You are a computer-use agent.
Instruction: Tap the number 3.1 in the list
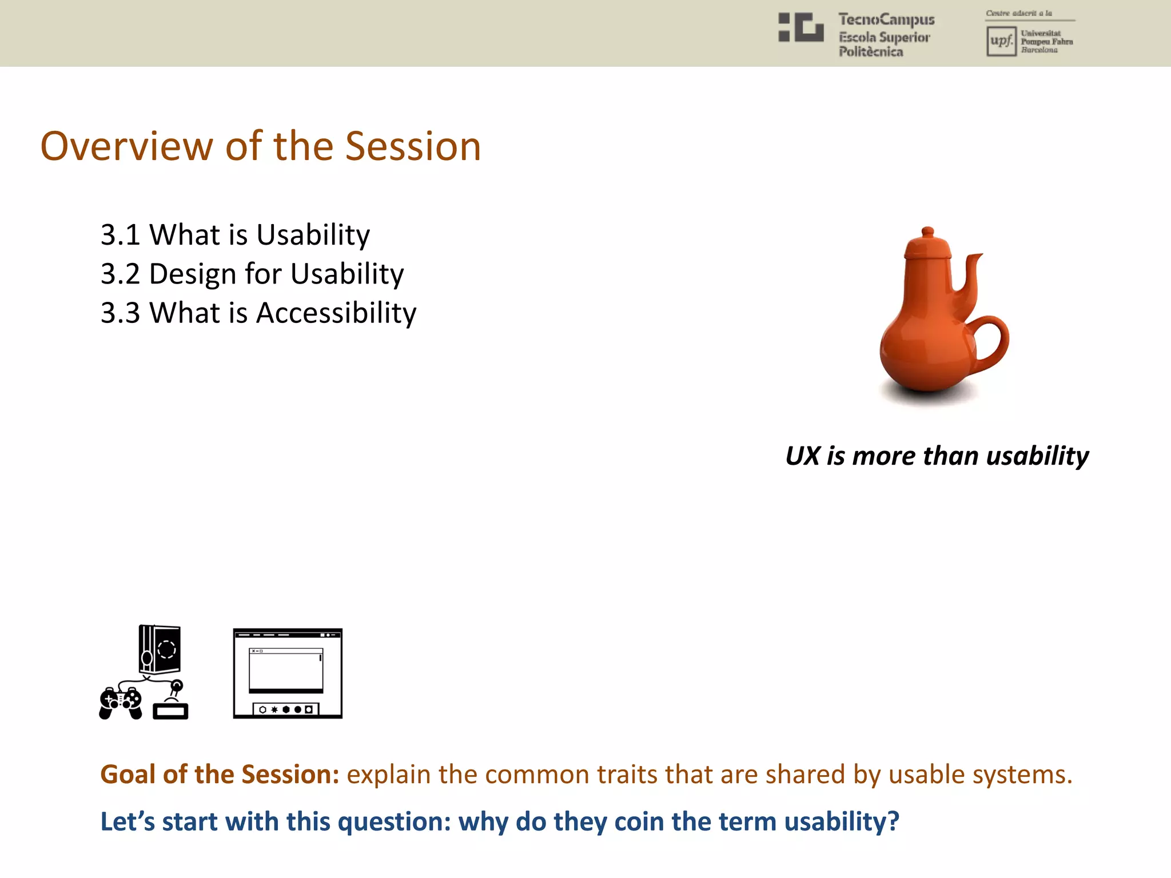(x=120, y=235)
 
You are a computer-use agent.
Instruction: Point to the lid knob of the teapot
(x=928, y=232)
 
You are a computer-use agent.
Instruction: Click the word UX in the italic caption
(x=803, y=456)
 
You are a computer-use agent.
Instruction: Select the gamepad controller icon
(x=121, y=703)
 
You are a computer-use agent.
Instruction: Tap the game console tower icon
(x=160, y=649)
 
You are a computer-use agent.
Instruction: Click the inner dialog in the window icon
(x=286, y=670)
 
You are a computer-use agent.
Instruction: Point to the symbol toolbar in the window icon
(x=286, y=709)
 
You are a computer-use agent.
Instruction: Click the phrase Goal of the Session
(x=220, y=775)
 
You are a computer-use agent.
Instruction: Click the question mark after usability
(x=893, y=821)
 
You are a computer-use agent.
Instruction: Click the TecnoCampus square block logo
(x=801, y=27)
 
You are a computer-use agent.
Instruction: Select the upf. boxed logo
(x=1001, y=41)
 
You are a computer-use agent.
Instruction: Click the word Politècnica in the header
(x=870, y=52)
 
